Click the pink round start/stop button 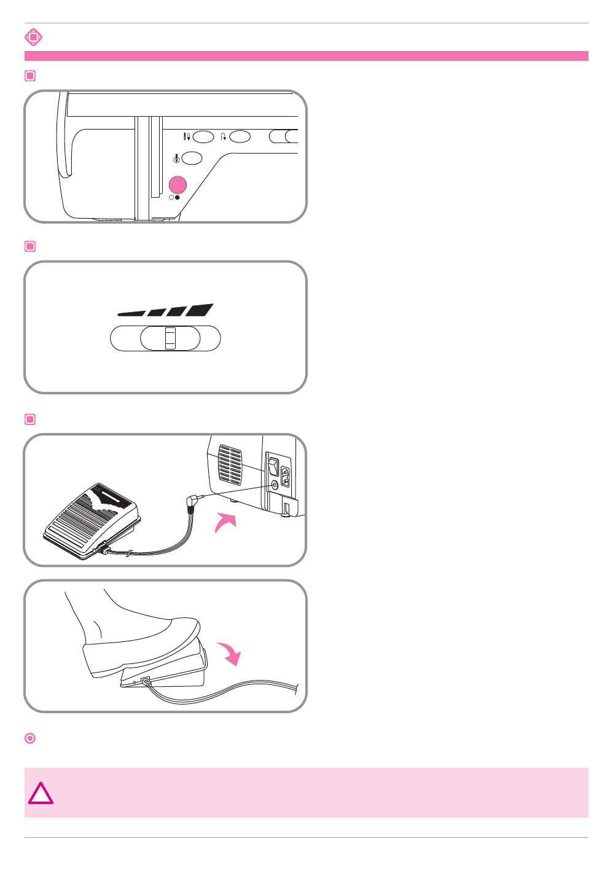click(x=178, y=185)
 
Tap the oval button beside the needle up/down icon click(x=203, y=136)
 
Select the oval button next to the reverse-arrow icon click(x=240, y=136)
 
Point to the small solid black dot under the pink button click(x=178, y=198)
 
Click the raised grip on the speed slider click(x=170, y=338)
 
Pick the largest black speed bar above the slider click(x=200, y=310)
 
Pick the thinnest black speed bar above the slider click(x=131, y=313)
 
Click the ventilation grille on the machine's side click(x=230, y=463)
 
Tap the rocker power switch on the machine click(x=273, y=466)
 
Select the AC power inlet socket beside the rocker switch click(x=285, y=476)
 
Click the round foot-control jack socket click(x=274, y=484)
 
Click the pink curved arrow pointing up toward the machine click(x=225, y=523)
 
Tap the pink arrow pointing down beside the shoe click(x=228, y=653)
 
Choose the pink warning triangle click(x=41, y=794)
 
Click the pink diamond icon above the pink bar click(x=33, y=37)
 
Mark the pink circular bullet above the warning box click(x=30, y=738)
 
